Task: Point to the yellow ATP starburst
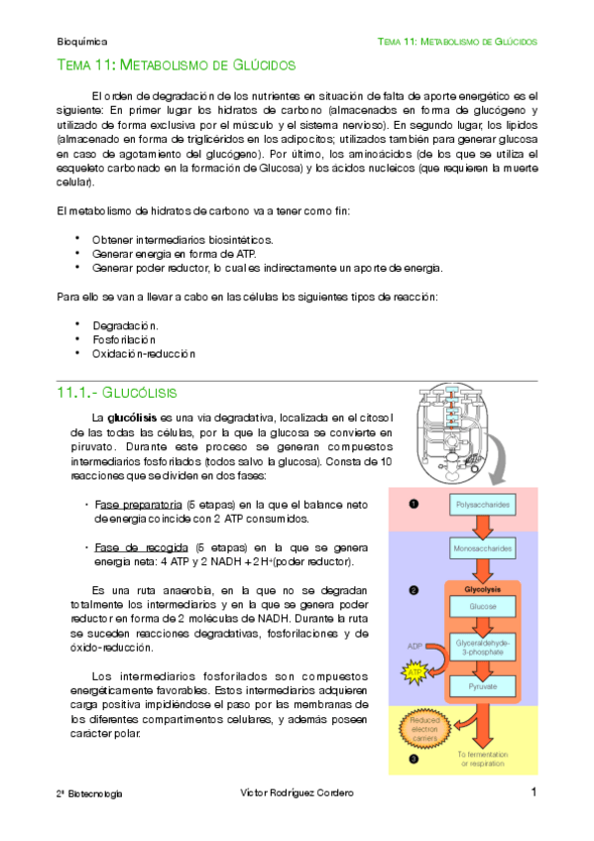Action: coord(415,673)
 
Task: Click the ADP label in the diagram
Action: coord(414,647)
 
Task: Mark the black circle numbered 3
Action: coord(413,760)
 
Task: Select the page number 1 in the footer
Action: coord(534,792)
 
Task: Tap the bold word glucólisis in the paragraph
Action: coord(133,418)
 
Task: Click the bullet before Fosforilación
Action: coord(76,339)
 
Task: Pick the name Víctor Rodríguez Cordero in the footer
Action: coord(297,793)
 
